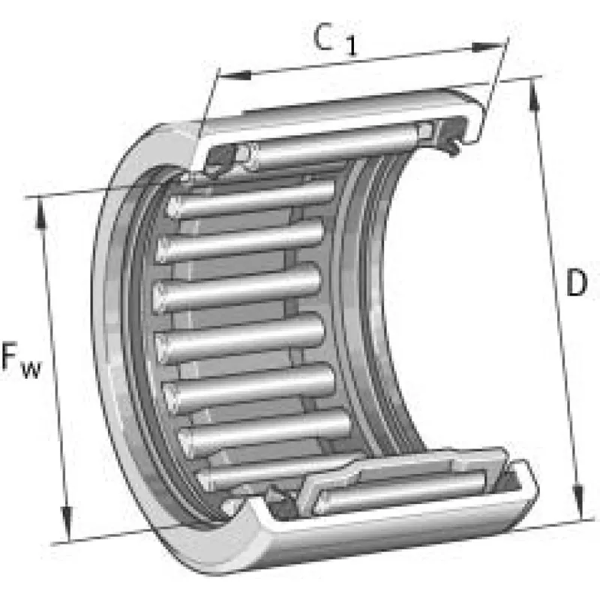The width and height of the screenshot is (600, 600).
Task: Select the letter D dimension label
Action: point(575,283)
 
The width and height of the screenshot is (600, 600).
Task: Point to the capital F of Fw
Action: point(13,358)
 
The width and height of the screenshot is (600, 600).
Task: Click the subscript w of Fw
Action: point(32,369)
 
